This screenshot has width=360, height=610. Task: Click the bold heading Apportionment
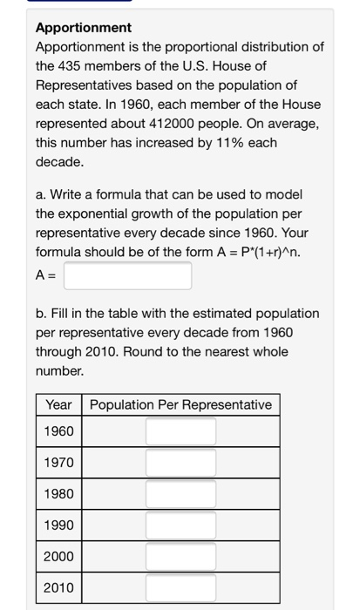coord(84,28)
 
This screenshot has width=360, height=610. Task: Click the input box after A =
coord(127,276)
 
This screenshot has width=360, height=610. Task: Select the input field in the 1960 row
coord(180,432)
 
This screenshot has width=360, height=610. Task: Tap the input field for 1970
coord(180,463)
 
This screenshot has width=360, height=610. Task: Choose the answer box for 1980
coord(180,494)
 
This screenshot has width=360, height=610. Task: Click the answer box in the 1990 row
coord(180,525)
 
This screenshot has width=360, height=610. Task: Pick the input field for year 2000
coord(180,556)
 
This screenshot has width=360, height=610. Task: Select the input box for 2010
coord(180,587)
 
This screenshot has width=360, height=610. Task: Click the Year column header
coord(58,404)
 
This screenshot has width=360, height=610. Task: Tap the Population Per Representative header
coord(180,404)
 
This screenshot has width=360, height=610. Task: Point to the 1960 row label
coord(59,432)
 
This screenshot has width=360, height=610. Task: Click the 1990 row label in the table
coord(59,525)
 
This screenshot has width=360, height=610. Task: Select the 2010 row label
coord(59,587)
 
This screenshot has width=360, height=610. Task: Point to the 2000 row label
coord(59,556)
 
